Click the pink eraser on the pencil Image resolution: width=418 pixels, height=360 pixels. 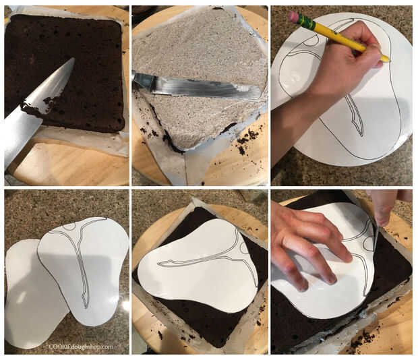tap(293, 16)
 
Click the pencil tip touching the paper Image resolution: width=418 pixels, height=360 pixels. tap(389, 61)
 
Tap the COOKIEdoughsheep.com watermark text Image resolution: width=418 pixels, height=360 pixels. tap(82, 347)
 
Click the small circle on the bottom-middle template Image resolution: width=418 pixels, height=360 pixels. tap(245, 248)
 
